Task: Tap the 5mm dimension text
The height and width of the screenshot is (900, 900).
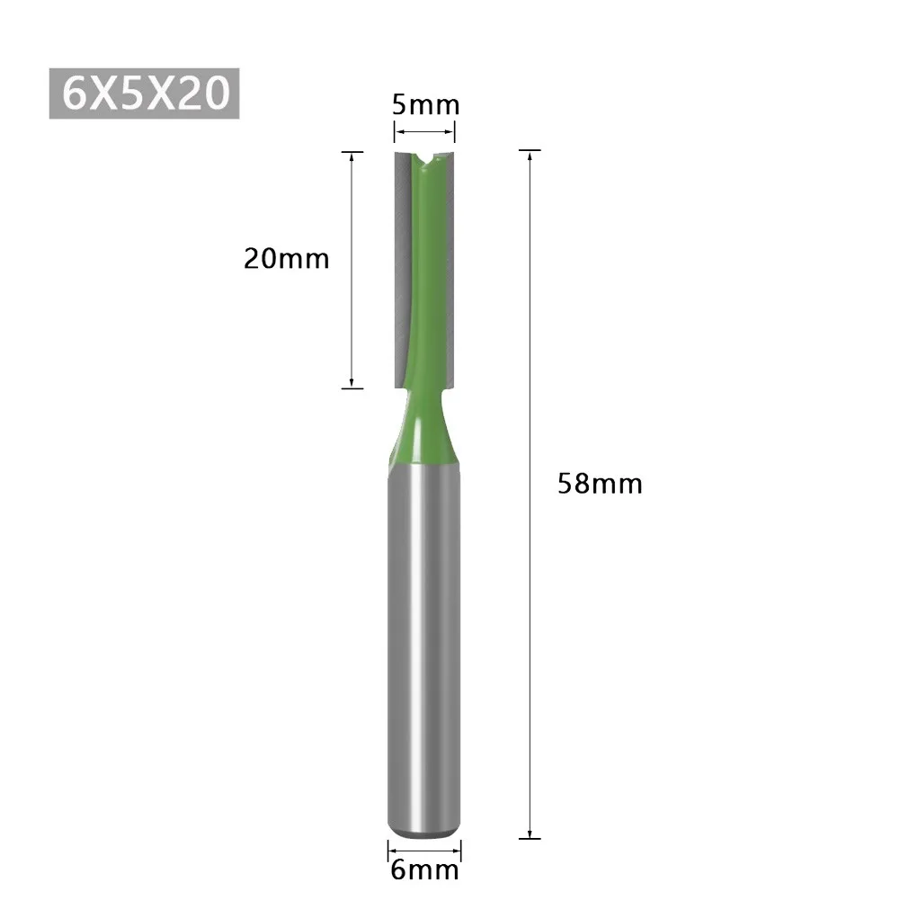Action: click(425, 105)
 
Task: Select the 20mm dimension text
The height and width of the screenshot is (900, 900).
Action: click(286, 259)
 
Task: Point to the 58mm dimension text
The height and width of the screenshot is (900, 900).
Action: click(600, 484)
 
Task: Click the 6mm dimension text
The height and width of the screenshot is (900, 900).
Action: click(423, 869)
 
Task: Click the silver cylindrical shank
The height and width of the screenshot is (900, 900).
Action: click(424, 647)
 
